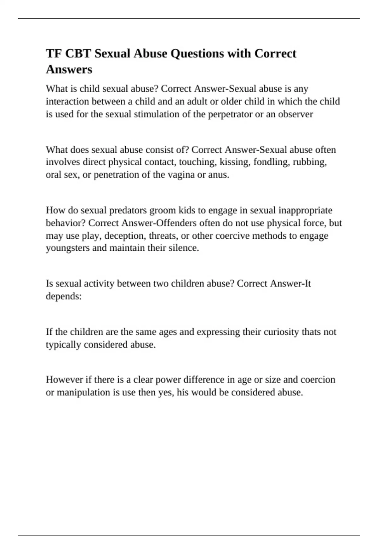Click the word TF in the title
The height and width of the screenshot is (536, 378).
tap(53, 54)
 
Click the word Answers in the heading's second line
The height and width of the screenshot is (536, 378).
tap(69, 69)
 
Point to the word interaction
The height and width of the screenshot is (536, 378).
tap(67, 102)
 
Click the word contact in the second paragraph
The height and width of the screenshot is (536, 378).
tap(160, 162)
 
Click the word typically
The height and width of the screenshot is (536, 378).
tap(64, 345)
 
